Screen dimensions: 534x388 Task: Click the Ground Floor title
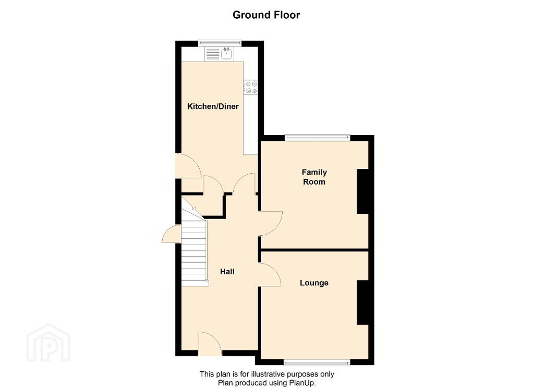click(266, 15)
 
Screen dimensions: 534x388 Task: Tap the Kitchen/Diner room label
click(213, 106)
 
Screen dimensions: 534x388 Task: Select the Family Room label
click(314, 177)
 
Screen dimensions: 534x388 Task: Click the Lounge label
click(314, 283)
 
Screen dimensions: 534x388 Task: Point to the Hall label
click(227, 272)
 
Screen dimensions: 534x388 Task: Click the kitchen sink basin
click(226, 54)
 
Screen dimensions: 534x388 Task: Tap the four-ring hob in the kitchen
click(251, 88)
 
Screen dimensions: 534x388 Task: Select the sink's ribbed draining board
click(213, 54)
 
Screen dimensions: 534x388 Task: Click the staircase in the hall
click(195, 252)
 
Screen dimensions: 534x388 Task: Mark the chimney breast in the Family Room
click(363, 191)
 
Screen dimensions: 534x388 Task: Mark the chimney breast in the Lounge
click(363, 302)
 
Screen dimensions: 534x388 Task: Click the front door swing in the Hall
click(210, 342)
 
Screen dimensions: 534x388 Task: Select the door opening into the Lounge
click(270, 274)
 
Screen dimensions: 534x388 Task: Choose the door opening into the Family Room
click(271, 224)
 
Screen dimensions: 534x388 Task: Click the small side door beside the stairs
click(171, 234)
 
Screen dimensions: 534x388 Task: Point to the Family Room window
click(318, 138)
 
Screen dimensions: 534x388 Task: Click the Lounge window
click(318, 362)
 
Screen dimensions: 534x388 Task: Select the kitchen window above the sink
click(220, 43)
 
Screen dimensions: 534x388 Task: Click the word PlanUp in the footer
click(303, 383)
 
